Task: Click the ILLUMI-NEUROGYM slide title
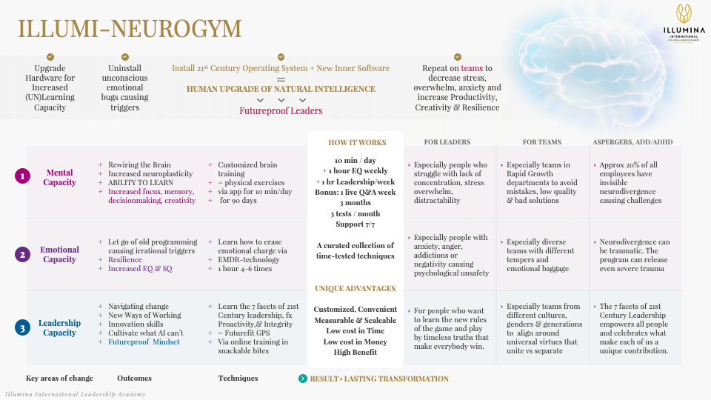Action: pyautogui.click(x=130, y=29)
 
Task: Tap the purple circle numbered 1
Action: pyautogui.click(x=22, y=176)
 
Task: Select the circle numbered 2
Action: pyautogui.click(x=22, y=254)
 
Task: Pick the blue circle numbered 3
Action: pyautogui.click(x=22, y=327)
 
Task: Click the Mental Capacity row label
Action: pyautogui.click(x=59, y=178)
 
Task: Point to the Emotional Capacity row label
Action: pyautogui.click(x=59, y=255)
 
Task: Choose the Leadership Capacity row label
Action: pyautogui.click(x=59, y=327)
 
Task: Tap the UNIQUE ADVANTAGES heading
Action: pyautogui.click(x=355, y=288)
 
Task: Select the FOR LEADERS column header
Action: pyautogui.click(x=447, y=141)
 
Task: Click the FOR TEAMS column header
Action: pyautogui.click(x=541, y=141)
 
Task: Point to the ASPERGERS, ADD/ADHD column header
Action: pyautogui.click(x=632, y=141)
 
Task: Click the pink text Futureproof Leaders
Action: pyautogui.click(x=281, y=111)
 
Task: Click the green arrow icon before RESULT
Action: pyautogui.click(x=302, y=379)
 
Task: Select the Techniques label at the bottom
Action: pyautogui.click(x=238, y=378)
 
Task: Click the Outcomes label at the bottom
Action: pyautogui.click(x=134, y=378)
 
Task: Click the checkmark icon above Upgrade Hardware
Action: pyautogui.click(x=50, y=57)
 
